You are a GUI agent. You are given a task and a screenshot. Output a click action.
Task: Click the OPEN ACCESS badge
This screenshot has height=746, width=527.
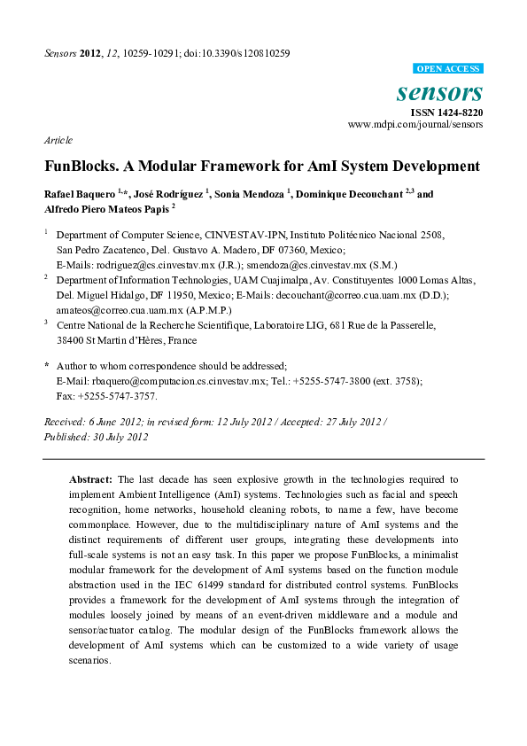click(448, 68)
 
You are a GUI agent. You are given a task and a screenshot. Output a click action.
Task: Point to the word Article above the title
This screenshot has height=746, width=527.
click(58, 141)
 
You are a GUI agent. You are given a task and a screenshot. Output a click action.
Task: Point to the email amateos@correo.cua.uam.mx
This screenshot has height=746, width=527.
click(113, 309)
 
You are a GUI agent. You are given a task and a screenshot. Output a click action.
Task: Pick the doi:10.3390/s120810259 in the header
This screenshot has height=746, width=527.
click(239, 53)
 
